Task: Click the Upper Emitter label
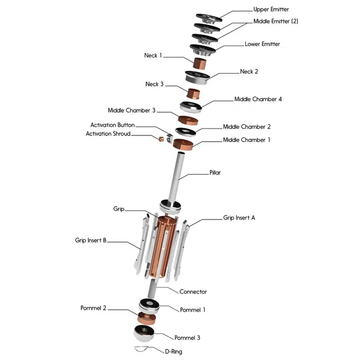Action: pyautogui.click(x=271, y=9)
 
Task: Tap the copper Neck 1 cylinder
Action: pyautogui.click(x=199, y=63)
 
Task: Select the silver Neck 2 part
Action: pyautogui.click(x=197, y=77)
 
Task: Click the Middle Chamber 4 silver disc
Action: pyautogui.click(x=191, y=107)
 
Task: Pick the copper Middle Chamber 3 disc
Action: pyautogui.click(x=188, y=120)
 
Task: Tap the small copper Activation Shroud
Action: pyautogui.click(x=161, y=139)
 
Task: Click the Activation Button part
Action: pyautogui.click(x=169, y=138)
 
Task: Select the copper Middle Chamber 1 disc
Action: pyautogui.click(x=183, y=145)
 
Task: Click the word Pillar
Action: pyautogui.click(x=215, y=172)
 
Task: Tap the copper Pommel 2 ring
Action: pyautogui.click(x=147, y=318)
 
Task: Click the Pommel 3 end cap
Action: pyautogui.click(x=144, y=333)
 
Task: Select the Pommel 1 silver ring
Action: pyautogui.click(x=149, y=306)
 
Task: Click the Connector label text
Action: pyautogui.click(x=193, y=291)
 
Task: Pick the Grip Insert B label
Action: pyautogui.click(x=90, y=240)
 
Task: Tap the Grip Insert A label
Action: pyautogui.click(x=239, y=218)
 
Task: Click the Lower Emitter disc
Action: pyautogui.click(x=203, y=50)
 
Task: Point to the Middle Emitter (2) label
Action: pyautogui.click(x=276, y=21)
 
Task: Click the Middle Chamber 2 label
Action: pyautogui.click(x=247, y=127)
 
